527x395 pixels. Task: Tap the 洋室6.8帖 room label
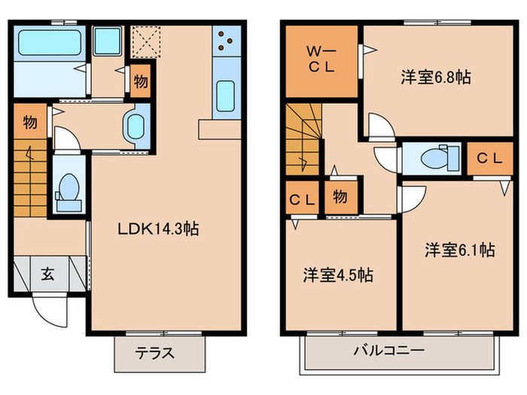tap(435, 77)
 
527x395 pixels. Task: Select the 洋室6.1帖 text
tap(458, 250)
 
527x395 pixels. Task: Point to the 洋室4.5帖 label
tap(338, 275)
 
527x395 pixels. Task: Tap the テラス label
tap(155, 352)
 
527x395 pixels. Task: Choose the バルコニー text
tap(389, 351)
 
